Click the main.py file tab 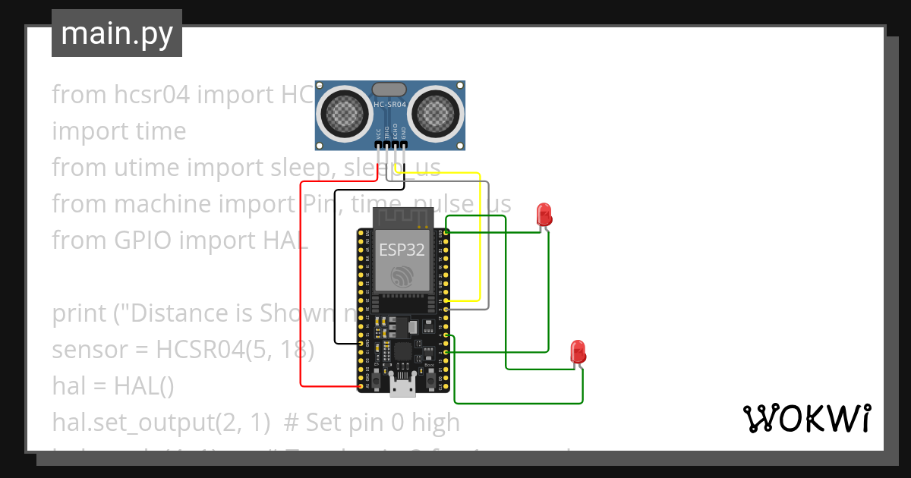(116, 33)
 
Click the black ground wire (335, 266)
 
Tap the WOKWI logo (805, 418)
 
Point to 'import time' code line (119, 131)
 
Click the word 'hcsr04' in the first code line (143, 95)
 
